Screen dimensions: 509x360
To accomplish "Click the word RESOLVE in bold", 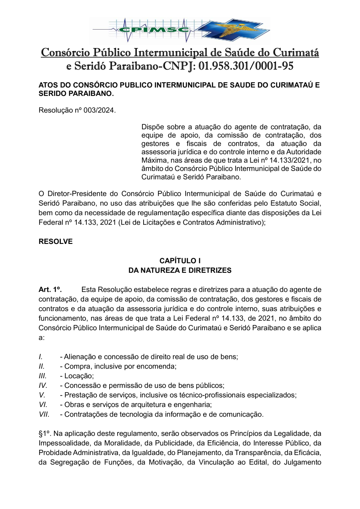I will [56, 242].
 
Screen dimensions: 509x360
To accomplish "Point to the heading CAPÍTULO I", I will [180, 261].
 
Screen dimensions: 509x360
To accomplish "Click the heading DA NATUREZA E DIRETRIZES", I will [180, 270].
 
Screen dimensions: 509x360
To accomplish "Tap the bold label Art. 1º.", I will [50, 289].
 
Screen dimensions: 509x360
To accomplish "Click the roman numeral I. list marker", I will [41, 357].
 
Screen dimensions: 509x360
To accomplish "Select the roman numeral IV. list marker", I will [43, 385].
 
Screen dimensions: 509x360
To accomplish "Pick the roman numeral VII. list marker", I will [44, 414].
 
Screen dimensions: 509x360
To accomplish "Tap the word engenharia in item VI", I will [193, 405].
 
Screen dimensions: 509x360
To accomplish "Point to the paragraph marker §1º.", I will [45, 433].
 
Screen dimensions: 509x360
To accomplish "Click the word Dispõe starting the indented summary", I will [154, 127].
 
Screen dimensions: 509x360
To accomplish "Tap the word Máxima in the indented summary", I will [154, 160].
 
